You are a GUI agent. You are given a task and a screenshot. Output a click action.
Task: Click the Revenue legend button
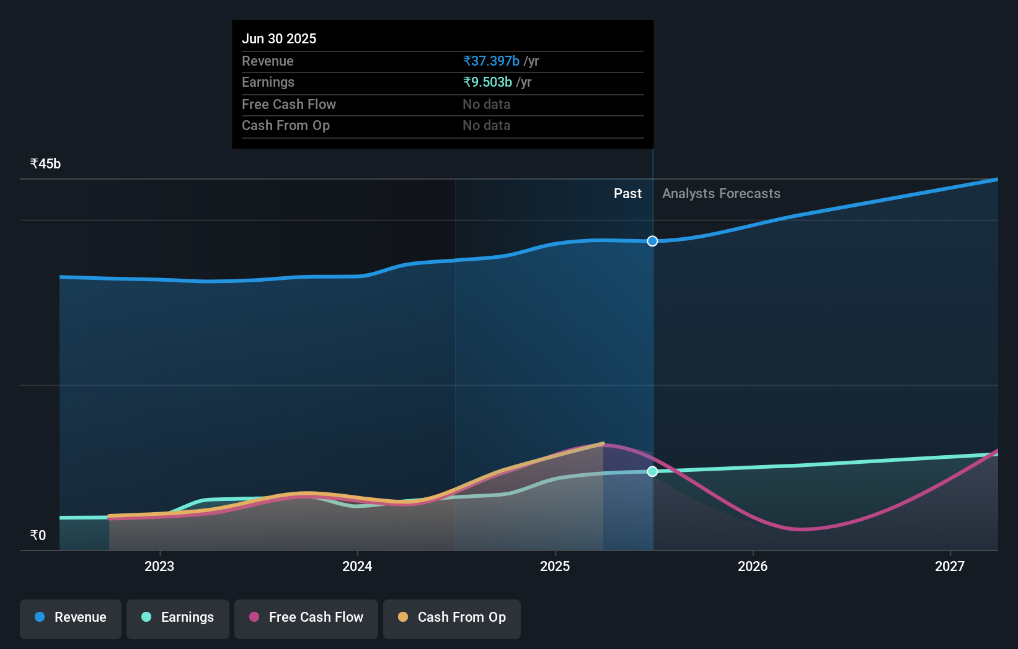tap(71, 617)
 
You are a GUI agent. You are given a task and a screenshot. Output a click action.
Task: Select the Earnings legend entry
tap(178, 617)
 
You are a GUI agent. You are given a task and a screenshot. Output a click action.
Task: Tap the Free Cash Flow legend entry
tap(306, 617)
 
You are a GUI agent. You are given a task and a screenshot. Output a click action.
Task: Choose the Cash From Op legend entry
tap(452, 617)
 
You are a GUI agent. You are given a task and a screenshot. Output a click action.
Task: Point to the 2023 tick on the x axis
tap(159, 566)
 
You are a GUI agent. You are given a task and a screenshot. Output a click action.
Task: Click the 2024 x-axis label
tap(357, 566)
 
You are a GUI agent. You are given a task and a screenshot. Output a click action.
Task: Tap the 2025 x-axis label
tap(555, 566)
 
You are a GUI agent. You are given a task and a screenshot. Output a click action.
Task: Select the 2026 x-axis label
tap(753, 566)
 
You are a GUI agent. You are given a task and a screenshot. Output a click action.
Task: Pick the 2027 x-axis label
tap(950, 566)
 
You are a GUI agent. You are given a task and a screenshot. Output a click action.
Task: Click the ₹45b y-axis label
tap(46, 164)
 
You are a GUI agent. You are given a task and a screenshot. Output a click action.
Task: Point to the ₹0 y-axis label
tap(38, 536)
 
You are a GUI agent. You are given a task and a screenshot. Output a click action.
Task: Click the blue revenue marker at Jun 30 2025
tap(652, 241)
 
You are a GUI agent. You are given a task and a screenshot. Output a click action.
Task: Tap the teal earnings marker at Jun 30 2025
tap(652, 472)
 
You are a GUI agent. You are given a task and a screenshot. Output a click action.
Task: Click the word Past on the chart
tap(627, 194)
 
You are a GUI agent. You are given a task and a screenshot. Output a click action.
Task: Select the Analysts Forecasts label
tap(721, 194)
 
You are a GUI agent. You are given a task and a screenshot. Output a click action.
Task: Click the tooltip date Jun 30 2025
tap(279, 39)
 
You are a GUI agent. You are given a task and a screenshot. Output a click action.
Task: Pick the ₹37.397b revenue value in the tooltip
tap(491, 61)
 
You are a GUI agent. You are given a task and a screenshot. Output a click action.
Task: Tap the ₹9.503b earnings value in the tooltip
tap(487, 82)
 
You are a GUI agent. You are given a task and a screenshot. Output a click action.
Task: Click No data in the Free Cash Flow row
tap(487, 105)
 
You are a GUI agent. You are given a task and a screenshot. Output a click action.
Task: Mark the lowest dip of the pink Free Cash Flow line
tap(801, 529)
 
